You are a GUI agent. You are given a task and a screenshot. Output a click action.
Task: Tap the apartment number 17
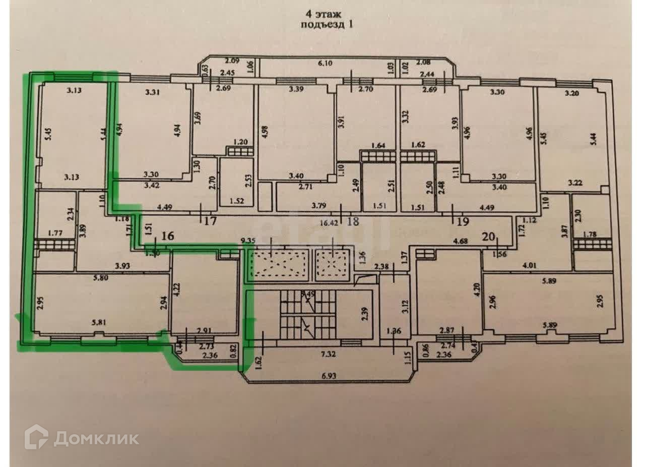click(x=211, y=220)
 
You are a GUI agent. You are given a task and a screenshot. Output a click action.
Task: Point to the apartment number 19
click(x=463, y=220)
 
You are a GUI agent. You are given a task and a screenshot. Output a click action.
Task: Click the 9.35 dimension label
click(x=249, y=241)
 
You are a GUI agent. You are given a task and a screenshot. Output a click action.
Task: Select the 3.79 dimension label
click(x=318, y=205)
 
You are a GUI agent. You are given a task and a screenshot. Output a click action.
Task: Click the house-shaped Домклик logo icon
click(x=36, y=437)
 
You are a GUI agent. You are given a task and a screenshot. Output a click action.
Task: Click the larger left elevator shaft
click(x=279, y=264)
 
